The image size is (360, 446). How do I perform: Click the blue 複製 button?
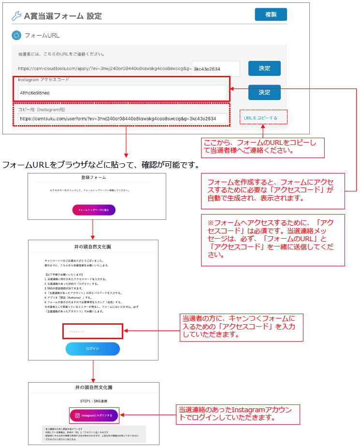tap(271, 14)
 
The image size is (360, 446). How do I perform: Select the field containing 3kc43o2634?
tap(216, 69)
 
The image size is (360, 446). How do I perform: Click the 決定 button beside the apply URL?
tap(264, 69)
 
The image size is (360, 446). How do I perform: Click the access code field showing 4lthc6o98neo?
tap(121, 92)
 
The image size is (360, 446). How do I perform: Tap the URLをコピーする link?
tap(261, 118)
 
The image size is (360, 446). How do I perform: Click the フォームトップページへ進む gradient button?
tap(94, 210)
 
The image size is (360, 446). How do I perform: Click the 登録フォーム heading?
tap(94, 178)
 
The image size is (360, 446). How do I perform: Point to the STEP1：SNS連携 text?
tap(94, 401)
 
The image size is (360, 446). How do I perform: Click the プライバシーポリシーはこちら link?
tap(59, 439)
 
